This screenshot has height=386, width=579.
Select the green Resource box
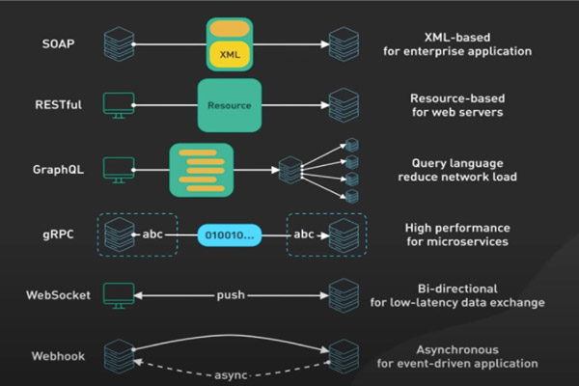point(231,103)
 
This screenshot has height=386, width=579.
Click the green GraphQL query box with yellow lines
point(202,169)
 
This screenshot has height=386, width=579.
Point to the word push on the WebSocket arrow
point(231,294)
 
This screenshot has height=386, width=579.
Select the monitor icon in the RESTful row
point(118,103)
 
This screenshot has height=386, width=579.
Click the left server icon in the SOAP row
point(118,44)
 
